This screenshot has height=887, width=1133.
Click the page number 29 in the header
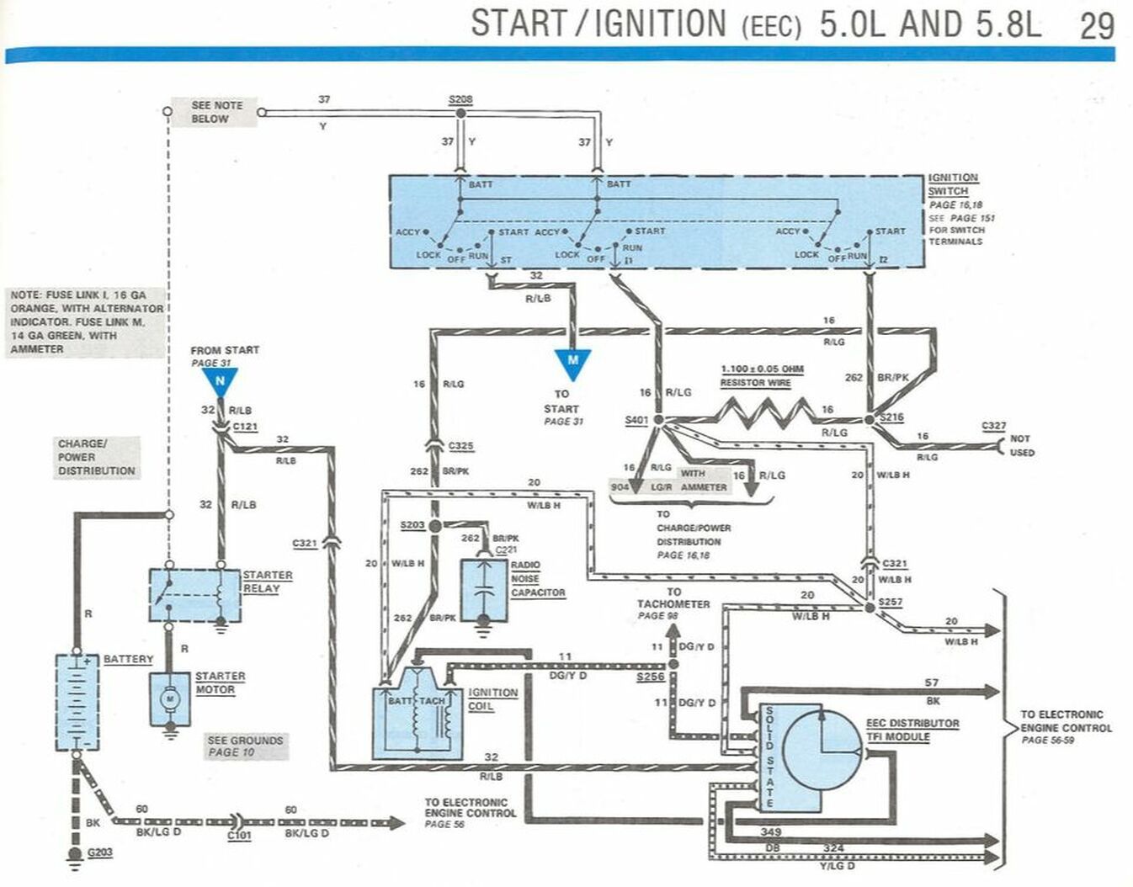[1097, 25]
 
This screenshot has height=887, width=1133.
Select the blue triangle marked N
[220, 383]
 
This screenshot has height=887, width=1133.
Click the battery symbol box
[77, 702]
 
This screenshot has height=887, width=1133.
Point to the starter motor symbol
[170, 698]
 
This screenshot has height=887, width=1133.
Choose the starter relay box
[194, 595]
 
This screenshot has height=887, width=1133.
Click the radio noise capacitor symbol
[484, 589]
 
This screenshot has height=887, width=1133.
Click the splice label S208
[460, 99]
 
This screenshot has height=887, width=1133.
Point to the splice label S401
[637, 419]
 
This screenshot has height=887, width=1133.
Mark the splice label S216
[891, 417]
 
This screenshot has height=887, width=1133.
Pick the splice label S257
[890, 603]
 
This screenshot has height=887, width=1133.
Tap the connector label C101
[239, 836]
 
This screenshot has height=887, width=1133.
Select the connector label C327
[993, 427]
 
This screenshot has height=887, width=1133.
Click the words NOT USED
[1022, 445]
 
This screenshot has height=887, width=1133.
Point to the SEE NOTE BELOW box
[215, 112]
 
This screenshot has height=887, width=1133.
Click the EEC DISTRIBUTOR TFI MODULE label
[912, 730]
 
